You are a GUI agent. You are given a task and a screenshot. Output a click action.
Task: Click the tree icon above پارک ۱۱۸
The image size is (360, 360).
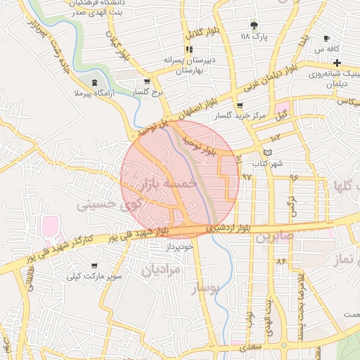tap(254, 25)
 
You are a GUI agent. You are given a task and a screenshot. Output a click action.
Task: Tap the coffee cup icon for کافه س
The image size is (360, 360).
tap(326, 38)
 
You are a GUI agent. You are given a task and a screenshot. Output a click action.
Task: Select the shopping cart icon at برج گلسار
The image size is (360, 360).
tap(146, 82)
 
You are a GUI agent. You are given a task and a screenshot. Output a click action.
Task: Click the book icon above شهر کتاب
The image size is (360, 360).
tap(266, 153)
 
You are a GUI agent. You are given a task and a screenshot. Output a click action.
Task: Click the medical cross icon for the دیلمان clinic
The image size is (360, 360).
tap(337, 64)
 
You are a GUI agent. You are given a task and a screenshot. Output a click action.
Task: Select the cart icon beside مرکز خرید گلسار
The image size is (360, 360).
tap(240, 105)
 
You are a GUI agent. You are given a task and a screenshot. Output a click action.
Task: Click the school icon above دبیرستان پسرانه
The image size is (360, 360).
tap(188, 49)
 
